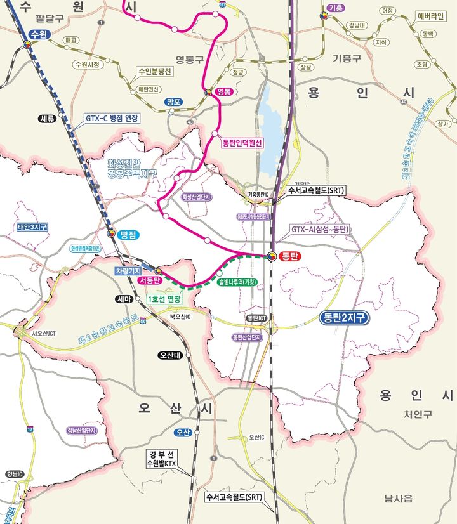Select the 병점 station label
coord(129,234)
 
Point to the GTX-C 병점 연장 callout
coord(112,119)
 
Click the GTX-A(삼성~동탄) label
coord(319,228)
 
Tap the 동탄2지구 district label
coord(345,318)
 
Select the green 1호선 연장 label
coord(163,299)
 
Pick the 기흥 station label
coord(334,7)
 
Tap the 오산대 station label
coord(171,355)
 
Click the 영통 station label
coord(225,91)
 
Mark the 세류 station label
coord(48,118)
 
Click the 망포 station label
coord(173,102)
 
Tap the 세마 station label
coord(124,299)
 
